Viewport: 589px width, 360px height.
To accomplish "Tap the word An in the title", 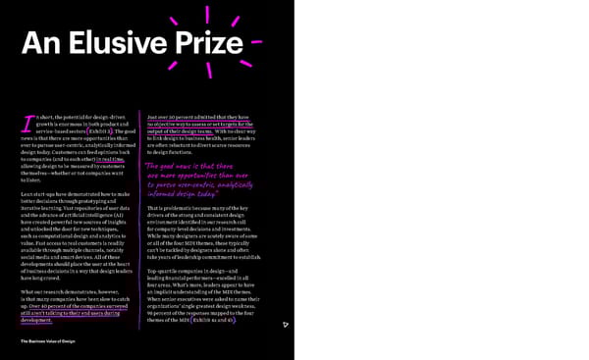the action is click(x=43, y=44).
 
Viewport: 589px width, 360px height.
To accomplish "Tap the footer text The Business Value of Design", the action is click(x=48, y=340).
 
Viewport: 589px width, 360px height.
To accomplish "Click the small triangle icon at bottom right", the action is click(x=285, y=325).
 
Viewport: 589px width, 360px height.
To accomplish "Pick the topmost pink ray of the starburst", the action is click(x=207, y=14).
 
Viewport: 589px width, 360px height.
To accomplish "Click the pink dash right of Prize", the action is click(x=256, y=43).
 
